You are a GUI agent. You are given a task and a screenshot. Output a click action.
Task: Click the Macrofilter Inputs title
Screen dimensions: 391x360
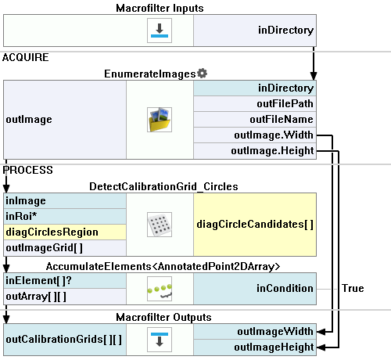[x=160, y=8]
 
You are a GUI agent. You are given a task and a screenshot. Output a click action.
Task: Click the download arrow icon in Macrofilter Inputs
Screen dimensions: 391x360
[x=160, y=31]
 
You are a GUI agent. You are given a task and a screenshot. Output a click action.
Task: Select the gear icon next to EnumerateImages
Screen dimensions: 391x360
[x=203, y=74]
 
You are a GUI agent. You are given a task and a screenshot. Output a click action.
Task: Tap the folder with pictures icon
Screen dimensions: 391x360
[x=160, y=120]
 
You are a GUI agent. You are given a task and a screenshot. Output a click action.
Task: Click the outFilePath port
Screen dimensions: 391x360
[x=255, y=104]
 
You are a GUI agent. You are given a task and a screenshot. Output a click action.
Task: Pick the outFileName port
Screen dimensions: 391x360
[x=255, y=120]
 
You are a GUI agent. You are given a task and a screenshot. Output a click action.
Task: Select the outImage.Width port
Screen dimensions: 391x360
[x=255, y=135]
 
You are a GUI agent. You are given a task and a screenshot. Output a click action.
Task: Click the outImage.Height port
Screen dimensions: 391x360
[x=255, y=151]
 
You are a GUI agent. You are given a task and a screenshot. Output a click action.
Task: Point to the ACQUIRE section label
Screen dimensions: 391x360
[x=26, y=57]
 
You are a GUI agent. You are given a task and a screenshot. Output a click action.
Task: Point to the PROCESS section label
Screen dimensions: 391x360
[x=27, y=170]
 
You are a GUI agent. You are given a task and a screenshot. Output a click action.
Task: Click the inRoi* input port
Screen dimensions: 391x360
[x=65, y=216]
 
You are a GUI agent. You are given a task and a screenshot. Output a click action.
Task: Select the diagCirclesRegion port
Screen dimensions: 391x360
[x=65, y=232]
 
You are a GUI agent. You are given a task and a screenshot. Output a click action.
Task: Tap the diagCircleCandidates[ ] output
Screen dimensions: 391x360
[x=255, y=225]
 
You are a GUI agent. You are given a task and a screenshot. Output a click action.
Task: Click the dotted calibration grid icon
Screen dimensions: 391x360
[x=160, y=225]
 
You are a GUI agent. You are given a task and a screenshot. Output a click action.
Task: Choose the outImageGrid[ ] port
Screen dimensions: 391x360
[x=65, y=247]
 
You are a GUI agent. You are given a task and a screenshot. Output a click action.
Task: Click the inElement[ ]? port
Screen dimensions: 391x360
[x=65, y=281]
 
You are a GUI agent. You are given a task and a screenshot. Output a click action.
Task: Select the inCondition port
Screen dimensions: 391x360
[x=255, y=289]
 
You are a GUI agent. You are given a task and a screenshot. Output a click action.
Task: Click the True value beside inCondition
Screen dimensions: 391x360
[x=353, y=288]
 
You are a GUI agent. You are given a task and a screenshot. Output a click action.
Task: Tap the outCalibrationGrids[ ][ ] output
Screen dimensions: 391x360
[x=65, y=340]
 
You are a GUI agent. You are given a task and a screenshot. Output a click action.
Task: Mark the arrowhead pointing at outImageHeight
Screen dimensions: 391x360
[x=321, y=347]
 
